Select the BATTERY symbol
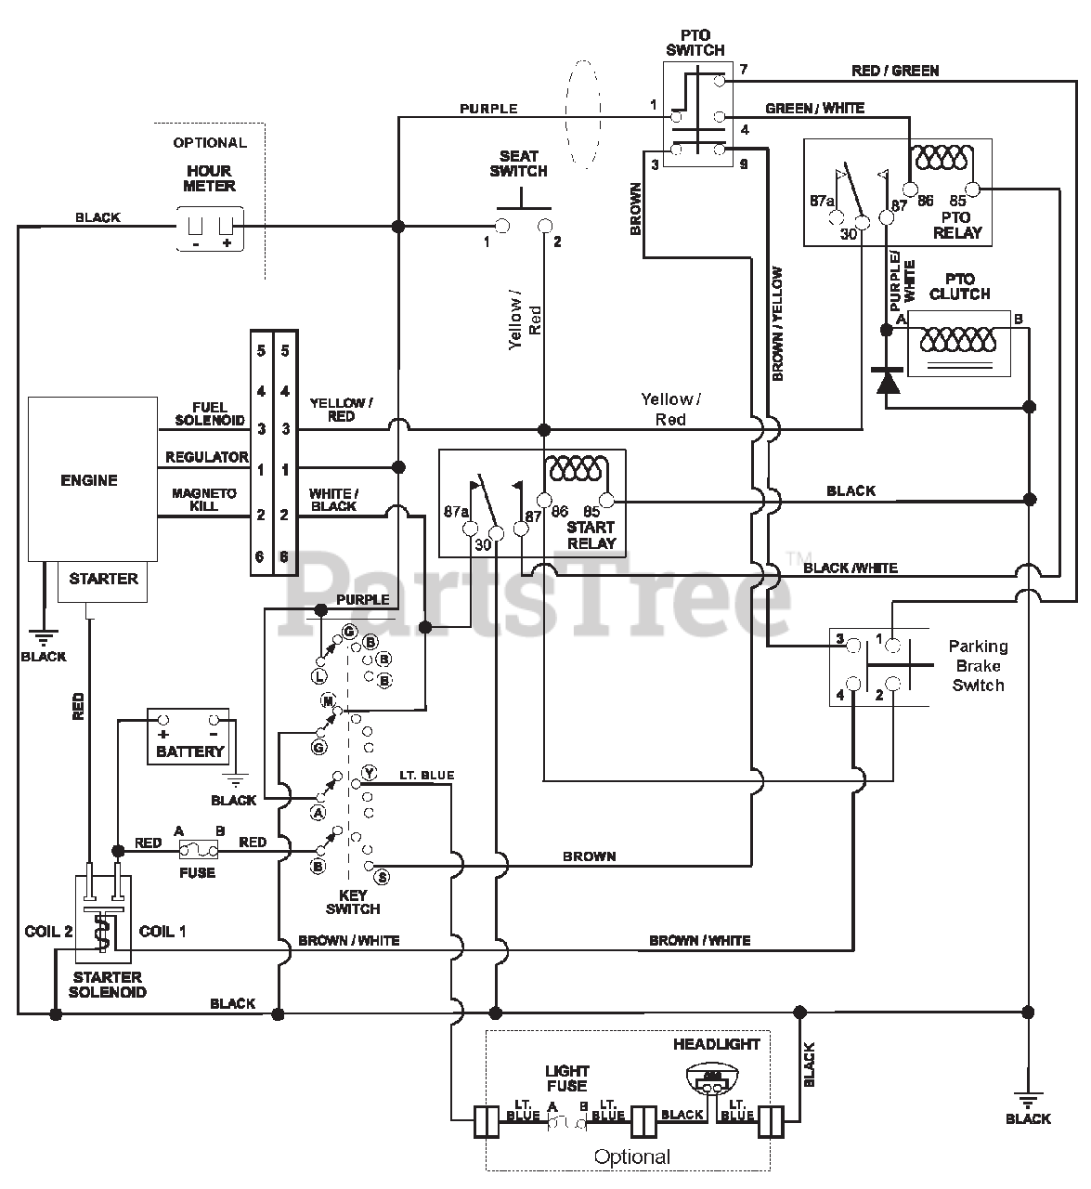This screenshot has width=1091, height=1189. (x=188, y=736)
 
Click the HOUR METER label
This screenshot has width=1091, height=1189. (x=209, y=178)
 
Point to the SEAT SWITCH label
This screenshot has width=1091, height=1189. (x=518, y=163)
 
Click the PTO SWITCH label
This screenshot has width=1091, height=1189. (x=695, y=43)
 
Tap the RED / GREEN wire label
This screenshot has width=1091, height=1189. (x=895, y=72)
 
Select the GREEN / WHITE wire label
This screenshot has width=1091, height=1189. (x=815, y=109)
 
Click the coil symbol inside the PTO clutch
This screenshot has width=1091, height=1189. (x=958, y=340)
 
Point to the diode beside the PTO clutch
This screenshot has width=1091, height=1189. (x=887, y=382)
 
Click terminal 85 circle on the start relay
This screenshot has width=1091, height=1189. (x=605, y=501)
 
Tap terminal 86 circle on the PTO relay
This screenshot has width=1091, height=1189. (x=910, y=189)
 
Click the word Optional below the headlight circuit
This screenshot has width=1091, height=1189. (x=631, y=1156)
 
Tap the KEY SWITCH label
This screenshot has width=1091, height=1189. (x=353, y=902)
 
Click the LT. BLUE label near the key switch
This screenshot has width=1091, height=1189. (x=427, y=776)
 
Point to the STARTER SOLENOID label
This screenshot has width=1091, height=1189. (x=108, y=985)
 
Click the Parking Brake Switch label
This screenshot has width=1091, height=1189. (x=978, y=666)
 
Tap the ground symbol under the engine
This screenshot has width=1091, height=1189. (x=44, y=637)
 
